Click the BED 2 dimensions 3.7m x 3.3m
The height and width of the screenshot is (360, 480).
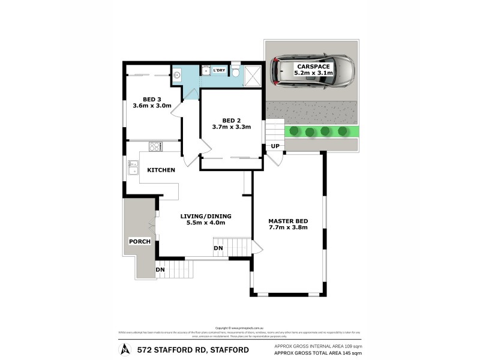pyautogui.click(x=231, y=127)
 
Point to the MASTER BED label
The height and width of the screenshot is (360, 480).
pyautogui.click(x=288, y=220)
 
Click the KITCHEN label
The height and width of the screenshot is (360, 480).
pyautogui.click(x=161, y=170)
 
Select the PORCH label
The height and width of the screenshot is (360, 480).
pyautogui.click(x=139, y=241)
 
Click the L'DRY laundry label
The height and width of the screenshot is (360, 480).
pyautogui.click(x=220, y=71)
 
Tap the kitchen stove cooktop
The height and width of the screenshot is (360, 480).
pyautogui.click(x=155, y=146)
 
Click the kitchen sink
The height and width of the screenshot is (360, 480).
pyautogui.click(x=133, y=168)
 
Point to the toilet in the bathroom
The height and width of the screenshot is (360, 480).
pyautogui.click(x=236, y=72)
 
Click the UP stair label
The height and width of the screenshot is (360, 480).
pyautogui.click(x=275, y=146)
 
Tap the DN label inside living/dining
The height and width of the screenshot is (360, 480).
pyautogui.click(x=218, y=247)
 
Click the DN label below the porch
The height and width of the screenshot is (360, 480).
pyautogui.click(x=161, y=270)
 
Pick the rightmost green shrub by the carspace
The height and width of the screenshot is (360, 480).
pyautogui.click(x=343, y=131)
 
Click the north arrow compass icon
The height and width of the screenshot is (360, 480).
pyautogui.click(x=125, y=348)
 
